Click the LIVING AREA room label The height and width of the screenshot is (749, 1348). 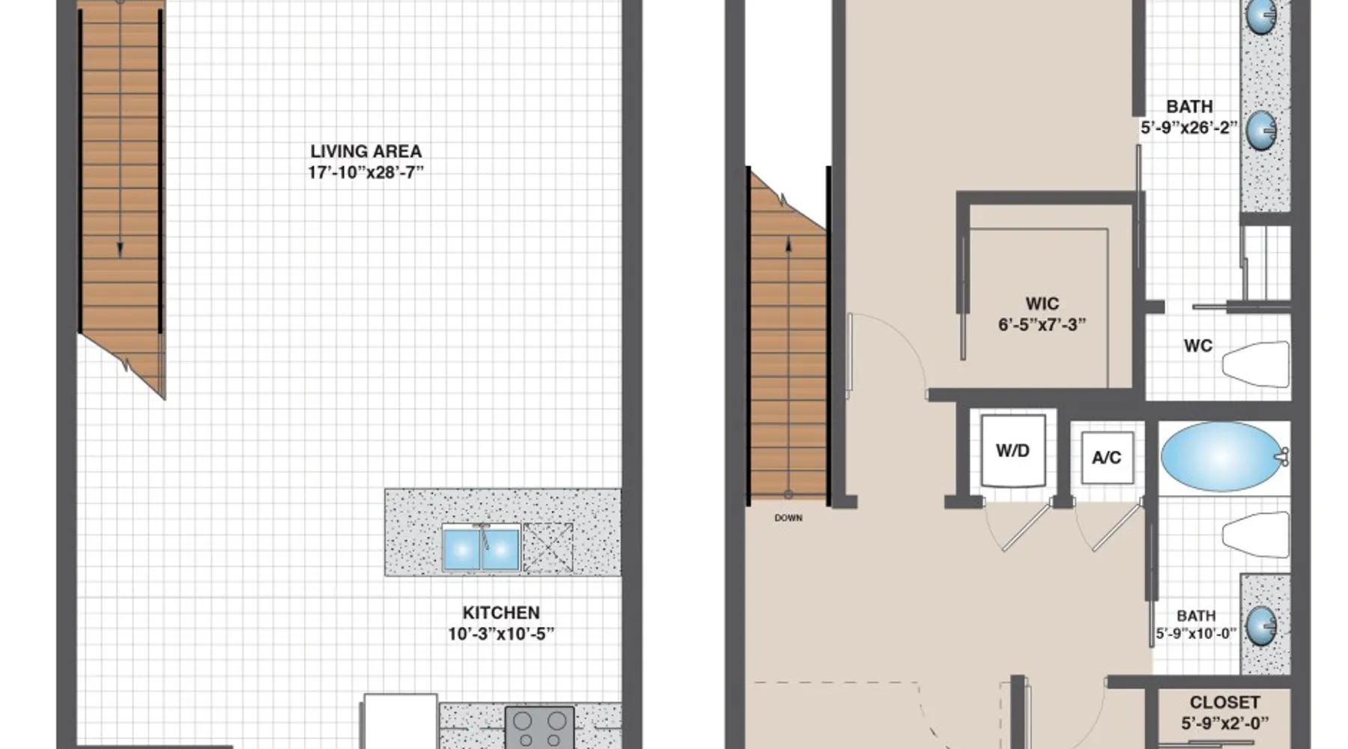tap(365, 151)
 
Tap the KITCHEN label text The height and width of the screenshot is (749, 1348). tap(501, 613)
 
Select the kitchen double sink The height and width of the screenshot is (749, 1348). tap(481, 548)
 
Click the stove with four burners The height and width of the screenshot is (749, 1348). tap(539, 727)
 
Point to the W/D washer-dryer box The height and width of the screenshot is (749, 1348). tap(1012, 451)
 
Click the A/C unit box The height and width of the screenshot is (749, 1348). tap(1107, 458)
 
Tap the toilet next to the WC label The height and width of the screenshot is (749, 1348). tap(1256, 365)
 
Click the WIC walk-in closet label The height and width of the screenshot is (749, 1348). tap(1042, 304)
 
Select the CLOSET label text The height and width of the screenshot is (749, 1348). tap(1224, 703)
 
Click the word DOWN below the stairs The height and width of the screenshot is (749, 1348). tap(789, 518)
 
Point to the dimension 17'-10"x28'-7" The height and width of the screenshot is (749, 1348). tap(365, 173)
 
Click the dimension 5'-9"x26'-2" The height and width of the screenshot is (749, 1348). tap(1189, 128)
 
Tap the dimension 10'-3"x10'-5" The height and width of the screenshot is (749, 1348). tap(501, 634)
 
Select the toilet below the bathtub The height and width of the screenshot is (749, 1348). tap(1256, 535)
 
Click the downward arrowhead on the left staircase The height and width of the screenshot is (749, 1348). tap(120, 251)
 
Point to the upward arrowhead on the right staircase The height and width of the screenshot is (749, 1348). tap(788, 243)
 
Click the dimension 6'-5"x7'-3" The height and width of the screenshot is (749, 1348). tap(1042, 325)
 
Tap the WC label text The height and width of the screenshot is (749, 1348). tap(1197, 346)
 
